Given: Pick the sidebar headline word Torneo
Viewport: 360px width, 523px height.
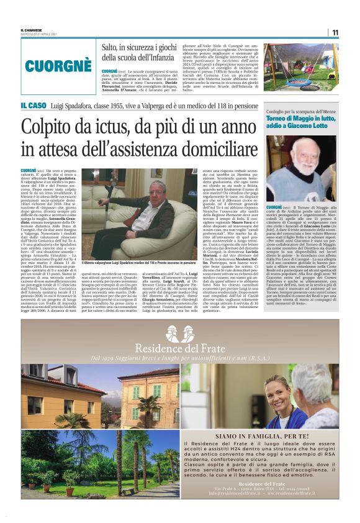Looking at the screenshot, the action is coord(263,118).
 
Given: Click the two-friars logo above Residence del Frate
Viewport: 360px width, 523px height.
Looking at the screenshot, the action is coord(179,333).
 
